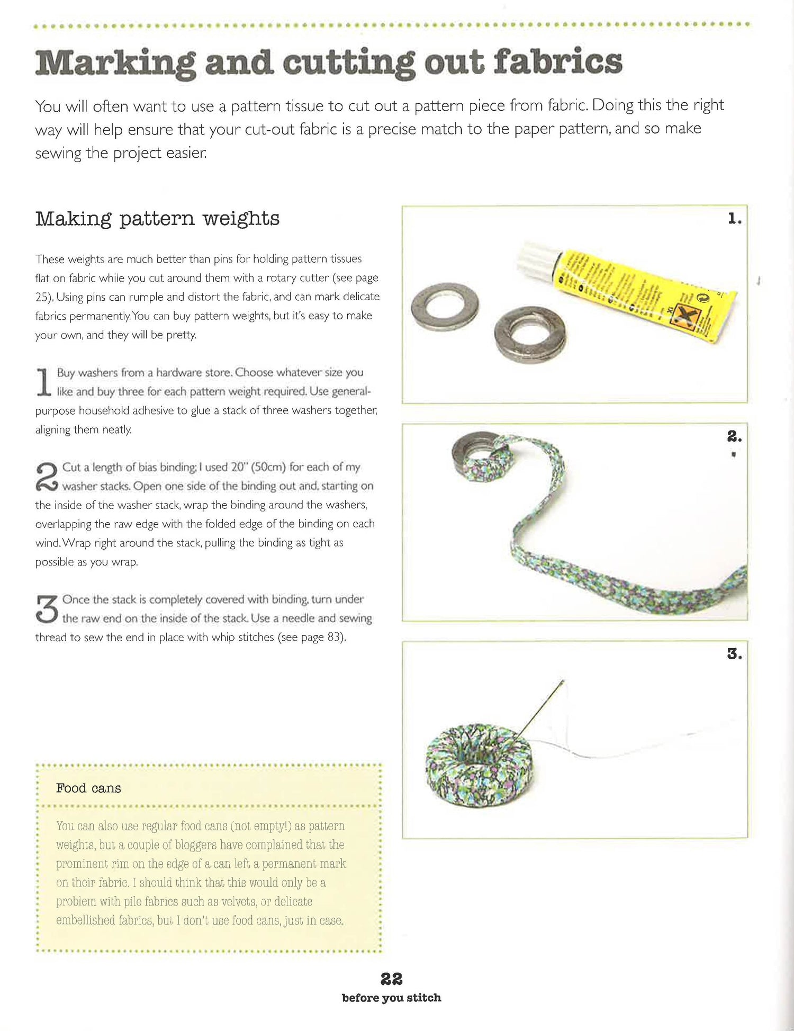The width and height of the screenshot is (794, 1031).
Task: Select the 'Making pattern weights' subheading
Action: coord(157,219)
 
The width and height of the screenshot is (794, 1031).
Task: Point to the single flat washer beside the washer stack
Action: coord(445,307)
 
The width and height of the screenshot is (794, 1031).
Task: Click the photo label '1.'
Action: coord(734,218)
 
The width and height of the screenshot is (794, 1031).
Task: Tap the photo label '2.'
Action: coord(734,436)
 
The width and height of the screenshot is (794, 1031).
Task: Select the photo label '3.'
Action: coord(734,654)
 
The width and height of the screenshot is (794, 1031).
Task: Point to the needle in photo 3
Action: coord(540,707)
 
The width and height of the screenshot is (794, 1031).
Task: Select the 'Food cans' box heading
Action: coord(88,788)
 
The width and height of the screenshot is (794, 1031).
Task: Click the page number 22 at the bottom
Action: coord(391,979)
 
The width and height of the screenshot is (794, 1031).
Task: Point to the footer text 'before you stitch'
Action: coord(391,998)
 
